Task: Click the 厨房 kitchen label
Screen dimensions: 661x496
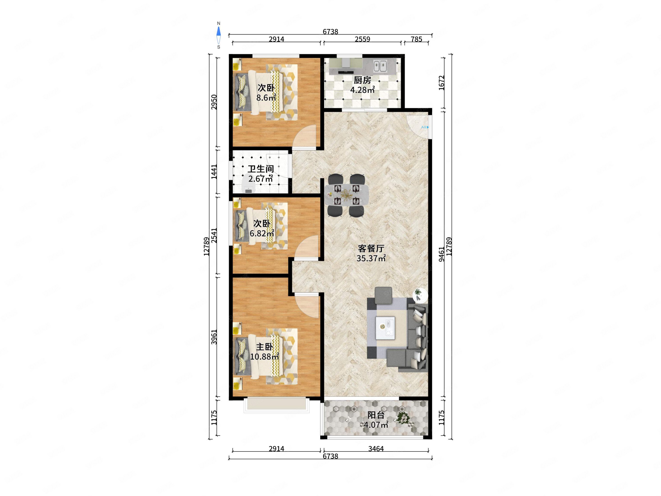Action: [362, 80]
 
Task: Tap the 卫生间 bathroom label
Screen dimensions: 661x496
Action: [261, 169]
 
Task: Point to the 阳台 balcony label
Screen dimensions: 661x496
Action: [376, 415]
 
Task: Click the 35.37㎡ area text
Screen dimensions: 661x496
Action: [371, 258]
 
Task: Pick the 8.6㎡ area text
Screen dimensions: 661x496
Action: [266, 97]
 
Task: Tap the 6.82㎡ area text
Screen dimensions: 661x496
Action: [262, 233]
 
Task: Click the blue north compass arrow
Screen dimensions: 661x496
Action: [219, 31]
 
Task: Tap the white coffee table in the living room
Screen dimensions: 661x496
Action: [385, 328]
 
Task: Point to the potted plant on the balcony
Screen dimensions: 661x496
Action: [403, 418]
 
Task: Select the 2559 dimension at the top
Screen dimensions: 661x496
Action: [362, 39]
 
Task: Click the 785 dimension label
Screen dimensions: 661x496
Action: [416, 39]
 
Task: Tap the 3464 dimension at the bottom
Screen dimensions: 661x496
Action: [376, 448]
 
